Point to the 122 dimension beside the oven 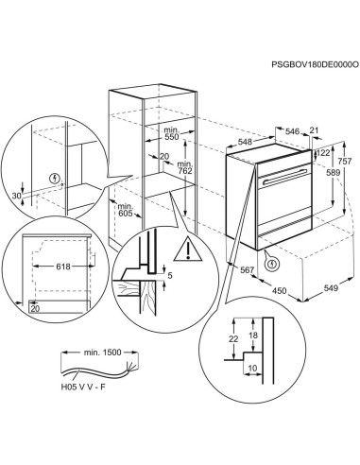323,152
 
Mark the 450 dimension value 280,289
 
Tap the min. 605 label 123,212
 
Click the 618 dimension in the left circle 62,267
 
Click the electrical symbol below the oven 272,264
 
